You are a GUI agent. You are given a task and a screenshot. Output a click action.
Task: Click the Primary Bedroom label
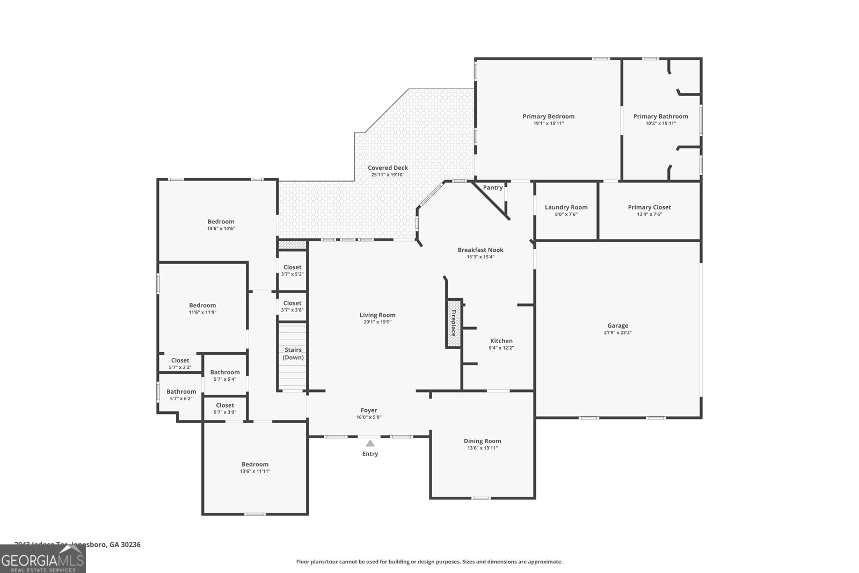(548, 116)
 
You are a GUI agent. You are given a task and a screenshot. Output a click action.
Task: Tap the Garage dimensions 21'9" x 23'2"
(617, 332)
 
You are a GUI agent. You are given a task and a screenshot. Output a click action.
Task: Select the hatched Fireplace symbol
(453, 323)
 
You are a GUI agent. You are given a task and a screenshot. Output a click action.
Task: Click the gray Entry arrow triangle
(370, 443)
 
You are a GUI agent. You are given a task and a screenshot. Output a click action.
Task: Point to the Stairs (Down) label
(293, 353)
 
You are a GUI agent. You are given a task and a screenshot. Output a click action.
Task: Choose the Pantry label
(492, 187)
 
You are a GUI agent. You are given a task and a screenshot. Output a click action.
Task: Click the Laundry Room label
(566, 207)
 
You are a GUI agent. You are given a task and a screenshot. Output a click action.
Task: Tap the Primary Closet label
(649, 207)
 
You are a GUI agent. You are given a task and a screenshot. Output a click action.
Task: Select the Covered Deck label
(388, 168)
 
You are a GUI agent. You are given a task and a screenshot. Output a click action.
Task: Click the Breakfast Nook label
(480, 250)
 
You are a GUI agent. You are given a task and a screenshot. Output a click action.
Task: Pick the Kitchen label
(501, 341)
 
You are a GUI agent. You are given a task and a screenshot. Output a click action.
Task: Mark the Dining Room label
(482, 441)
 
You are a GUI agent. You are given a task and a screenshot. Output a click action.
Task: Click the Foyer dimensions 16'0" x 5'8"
(368, 417)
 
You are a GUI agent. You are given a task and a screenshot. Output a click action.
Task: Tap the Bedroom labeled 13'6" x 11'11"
(254, 465)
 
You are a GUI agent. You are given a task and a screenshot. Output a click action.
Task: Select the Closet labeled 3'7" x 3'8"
(292, 303)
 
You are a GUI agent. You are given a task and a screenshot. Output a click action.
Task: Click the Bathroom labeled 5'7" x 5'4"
(224, 372)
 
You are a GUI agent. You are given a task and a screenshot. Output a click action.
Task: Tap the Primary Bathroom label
(660, 116)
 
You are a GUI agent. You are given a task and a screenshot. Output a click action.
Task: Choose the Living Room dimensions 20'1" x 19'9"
(377, 322)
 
